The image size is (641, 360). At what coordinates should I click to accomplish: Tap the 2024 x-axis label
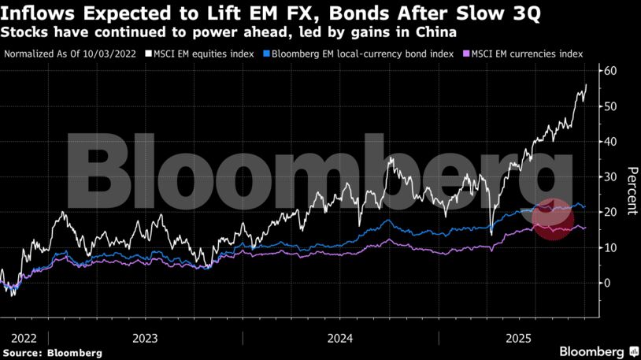click(x=340, y=337)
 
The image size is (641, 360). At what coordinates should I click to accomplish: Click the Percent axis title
click(x=632, y=190)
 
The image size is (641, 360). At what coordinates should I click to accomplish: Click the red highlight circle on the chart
click(x=551, y=219)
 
